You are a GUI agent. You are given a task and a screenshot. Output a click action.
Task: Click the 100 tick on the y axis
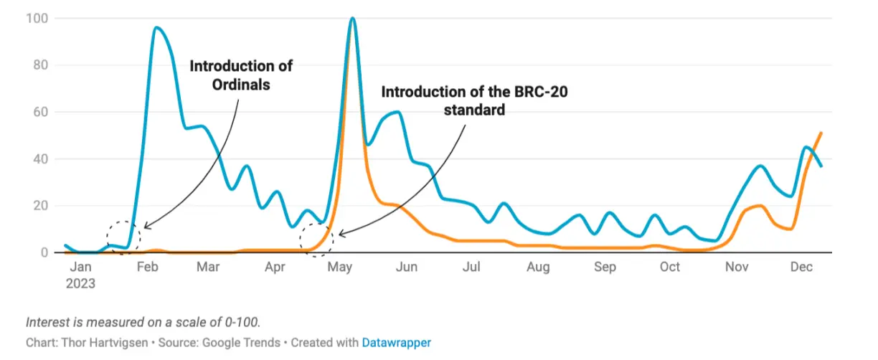(x=37, y=19)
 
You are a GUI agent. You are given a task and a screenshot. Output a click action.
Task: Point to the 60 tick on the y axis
(x=40, y=113)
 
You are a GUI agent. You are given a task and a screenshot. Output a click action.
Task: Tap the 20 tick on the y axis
(x=40, y=207)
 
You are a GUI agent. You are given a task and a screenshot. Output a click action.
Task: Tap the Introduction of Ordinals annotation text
(x=241, y=75)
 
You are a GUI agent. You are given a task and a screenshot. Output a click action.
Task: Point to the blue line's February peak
(x=156, y=28)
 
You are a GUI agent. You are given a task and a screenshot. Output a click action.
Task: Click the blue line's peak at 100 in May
(x=352, y=19)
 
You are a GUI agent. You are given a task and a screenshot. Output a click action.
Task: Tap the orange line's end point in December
(x=821, y=133)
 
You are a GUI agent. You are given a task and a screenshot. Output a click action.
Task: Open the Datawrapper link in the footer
(x=396, y=343)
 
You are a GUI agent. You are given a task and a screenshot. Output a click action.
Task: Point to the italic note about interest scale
(x=143, y=323)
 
